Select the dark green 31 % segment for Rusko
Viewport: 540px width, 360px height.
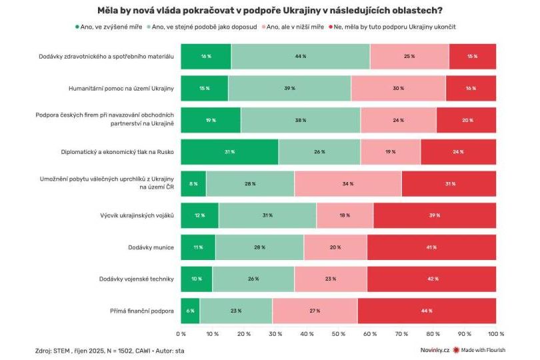[229, 151]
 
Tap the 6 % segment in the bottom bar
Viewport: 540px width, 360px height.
[190, 311]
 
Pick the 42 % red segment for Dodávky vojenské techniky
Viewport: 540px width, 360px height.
[431, 279]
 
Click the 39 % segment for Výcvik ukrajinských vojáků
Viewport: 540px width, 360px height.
[435, 215]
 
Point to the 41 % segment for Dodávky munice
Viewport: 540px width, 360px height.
[431, 247]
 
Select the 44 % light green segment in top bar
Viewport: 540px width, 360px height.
[301, 56]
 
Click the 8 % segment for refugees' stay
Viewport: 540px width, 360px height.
[193, 183]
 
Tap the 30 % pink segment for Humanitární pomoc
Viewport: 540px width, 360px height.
[398, 88]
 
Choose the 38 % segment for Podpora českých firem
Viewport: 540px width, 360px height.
[301, 120]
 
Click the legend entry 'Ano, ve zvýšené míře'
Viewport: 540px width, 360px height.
[109, 27]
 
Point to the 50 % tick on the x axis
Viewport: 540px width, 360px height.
[338, 333]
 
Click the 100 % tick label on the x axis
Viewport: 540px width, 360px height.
[496, 333]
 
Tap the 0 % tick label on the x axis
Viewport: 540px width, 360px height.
[181, 333]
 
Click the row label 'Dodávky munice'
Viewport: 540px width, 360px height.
[151, 247]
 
